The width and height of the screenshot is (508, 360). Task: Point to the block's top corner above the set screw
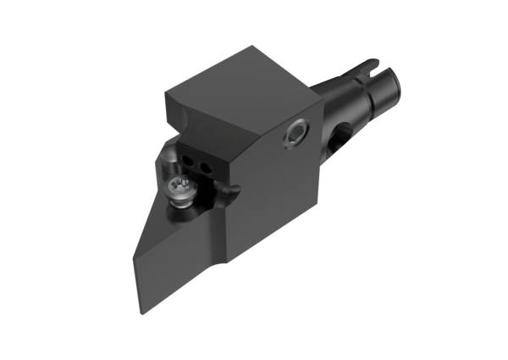pos(323,100)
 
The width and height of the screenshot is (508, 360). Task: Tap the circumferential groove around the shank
pos(359,89)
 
